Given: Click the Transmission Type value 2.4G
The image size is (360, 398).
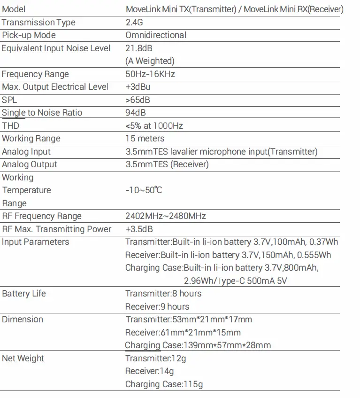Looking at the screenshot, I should point(135,22).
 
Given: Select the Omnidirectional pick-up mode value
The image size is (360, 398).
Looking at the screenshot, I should point(156,35).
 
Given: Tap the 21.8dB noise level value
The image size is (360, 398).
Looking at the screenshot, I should point(139,48).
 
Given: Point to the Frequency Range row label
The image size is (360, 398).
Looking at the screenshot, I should point(35,74).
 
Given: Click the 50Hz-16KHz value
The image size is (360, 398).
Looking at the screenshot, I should point(150,74).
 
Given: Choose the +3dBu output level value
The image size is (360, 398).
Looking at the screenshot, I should point(138,87).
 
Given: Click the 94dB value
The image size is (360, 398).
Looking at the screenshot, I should point(136,113).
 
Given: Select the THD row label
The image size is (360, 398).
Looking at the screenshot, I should point(10,126).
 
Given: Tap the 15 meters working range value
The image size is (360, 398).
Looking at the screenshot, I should point(145,139).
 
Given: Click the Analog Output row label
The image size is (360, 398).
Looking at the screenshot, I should point(30,164).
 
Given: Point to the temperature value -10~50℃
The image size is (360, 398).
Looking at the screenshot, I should point(144,190).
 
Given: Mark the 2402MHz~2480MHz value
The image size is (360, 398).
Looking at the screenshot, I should point(166,216).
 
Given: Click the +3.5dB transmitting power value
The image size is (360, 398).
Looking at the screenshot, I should point(139,229).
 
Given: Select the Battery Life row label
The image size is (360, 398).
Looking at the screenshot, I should point(24,294).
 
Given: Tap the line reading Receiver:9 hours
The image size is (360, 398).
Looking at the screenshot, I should point(157,307).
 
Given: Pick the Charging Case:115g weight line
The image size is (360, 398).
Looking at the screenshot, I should point(164,384).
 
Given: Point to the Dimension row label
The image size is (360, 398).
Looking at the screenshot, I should point(23,320).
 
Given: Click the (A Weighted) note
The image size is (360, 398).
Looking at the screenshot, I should point(150,61).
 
